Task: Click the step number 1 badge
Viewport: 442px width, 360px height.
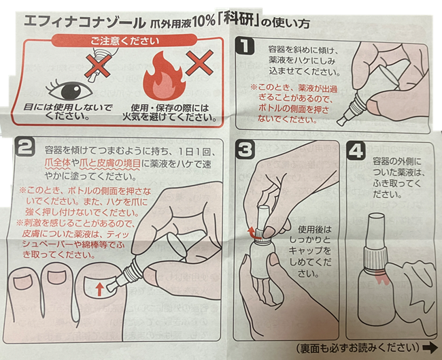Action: coord(245,46)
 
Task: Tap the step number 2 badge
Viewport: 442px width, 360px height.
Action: coord(26,147)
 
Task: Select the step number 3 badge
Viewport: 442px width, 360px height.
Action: coord(245,150)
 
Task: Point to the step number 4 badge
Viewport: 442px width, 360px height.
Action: coord(356,151)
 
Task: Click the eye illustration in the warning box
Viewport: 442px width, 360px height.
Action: coord(69,91)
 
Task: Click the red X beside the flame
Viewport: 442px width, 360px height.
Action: coord(199,63)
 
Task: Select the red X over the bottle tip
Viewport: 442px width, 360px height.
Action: coord(97,66)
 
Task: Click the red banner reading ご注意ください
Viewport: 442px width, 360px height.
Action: coord(124,41)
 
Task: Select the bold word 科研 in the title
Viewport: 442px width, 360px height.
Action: coord(238,20)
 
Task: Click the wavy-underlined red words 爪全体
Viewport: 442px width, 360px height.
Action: coord(57,164)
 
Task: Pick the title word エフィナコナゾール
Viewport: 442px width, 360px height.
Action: coord(84,21)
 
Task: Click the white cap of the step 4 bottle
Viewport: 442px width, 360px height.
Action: coord(376,231)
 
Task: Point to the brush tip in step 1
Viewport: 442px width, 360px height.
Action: coord(341,121)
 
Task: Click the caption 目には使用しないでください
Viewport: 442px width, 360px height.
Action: coord(67,112)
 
